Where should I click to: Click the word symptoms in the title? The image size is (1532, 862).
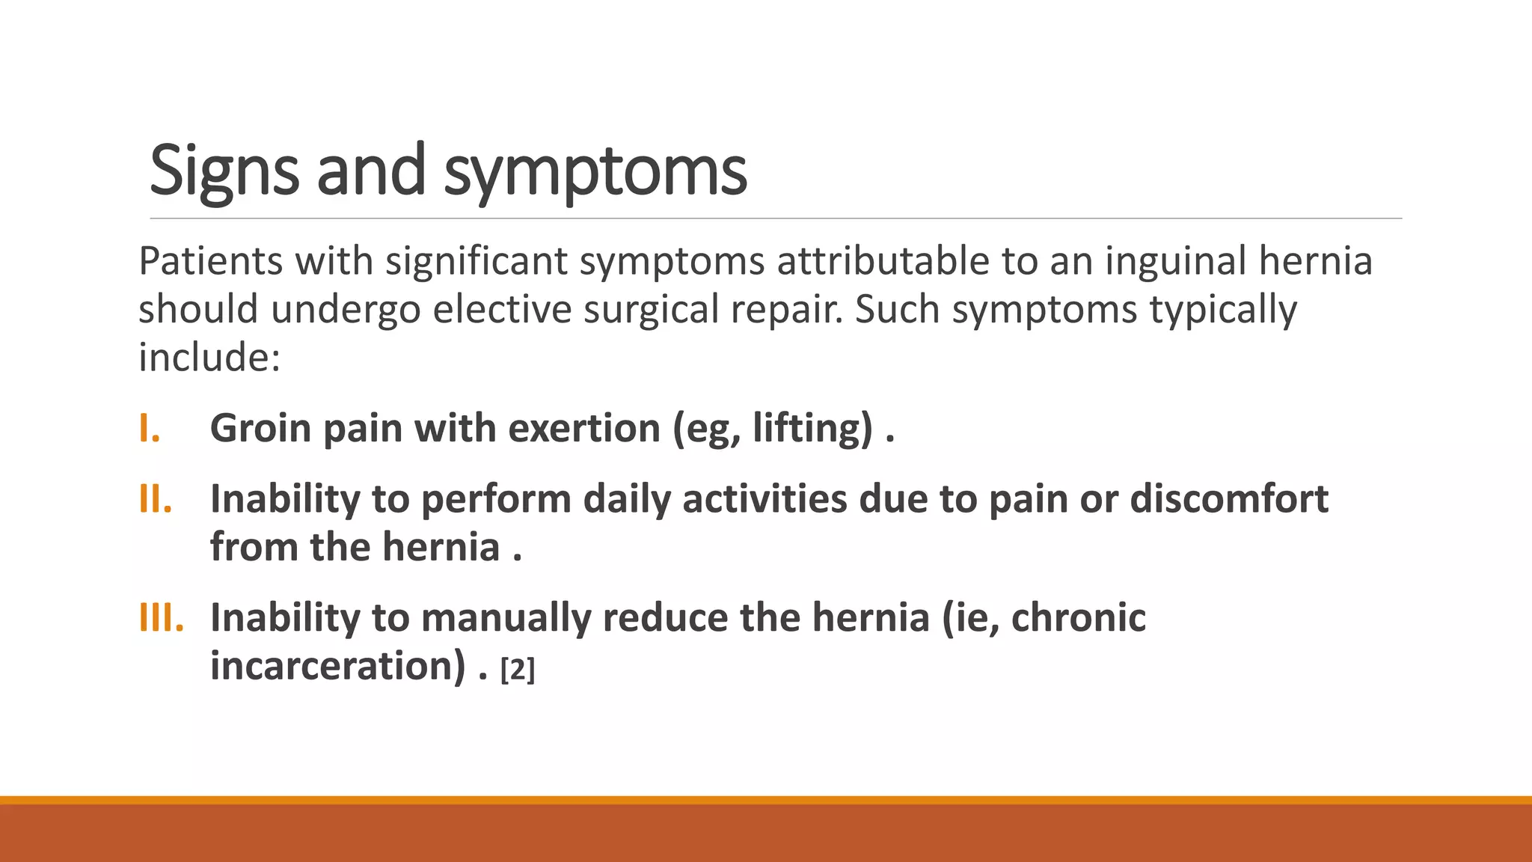[x=595, y=171]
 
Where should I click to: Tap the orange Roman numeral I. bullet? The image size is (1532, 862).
[x=150, y=428]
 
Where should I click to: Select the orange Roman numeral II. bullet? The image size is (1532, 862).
[x=156, y=499]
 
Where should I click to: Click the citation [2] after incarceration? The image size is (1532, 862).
[x=518, y=669]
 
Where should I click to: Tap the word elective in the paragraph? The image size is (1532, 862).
[x=502, y=309]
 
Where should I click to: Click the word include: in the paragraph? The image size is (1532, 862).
[x=209, y=357]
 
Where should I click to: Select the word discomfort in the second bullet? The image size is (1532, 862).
[x=1228, y=499]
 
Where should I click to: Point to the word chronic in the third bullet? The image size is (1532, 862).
[x=1078, y=618]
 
